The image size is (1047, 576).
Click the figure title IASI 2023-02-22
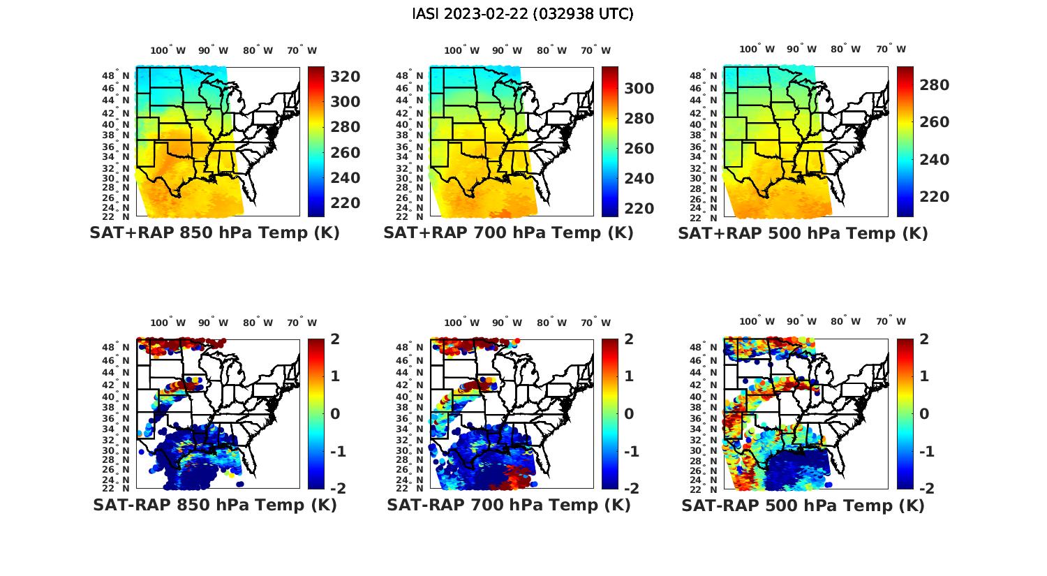pos(523,14)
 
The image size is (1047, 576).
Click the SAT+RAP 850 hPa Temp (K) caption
pos(214,233)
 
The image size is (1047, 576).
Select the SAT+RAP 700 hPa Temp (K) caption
pos(508,233)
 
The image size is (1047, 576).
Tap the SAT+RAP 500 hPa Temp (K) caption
pos(803,233)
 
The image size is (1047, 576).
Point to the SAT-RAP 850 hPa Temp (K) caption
pos(214,505)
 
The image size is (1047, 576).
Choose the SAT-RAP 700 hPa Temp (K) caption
pos(509,505)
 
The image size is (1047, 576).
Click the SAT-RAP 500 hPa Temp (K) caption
pos(803,505)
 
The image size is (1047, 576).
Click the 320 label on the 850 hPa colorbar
pos(346,77)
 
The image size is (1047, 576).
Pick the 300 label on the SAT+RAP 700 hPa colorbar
pos(639,89)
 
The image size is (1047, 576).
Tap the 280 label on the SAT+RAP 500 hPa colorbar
pos(935,85)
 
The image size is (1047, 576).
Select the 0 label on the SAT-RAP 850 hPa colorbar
pos(334,414)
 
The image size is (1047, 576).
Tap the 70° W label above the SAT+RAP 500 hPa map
pos(891,50)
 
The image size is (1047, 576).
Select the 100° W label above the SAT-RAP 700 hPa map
pos(461,323)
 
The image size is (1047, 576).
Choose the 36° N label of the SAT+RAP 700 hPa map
pos(410,147)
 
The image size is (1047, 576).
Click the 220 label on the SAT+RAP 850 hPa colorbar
pos(346,203)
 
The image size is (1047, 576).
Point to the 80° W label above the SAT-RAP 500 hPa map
pos(845,322)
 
